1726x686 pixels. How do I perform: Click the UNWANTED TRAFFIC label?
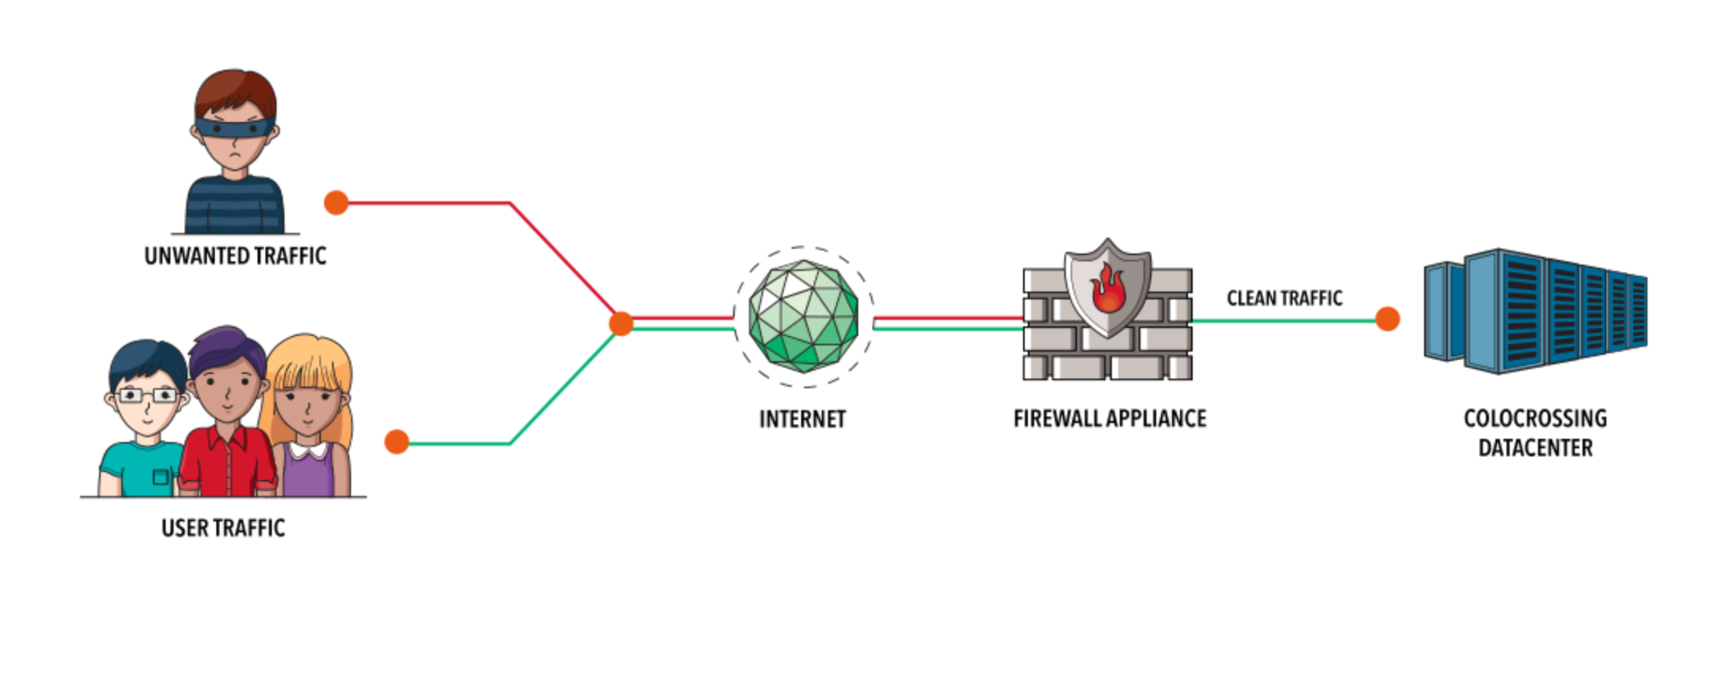(x=235, y=256)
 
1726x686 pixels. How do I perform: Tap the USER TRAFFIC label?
(x=223, y=528)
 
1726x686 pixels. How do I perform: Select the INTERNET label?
(x=802, y=419)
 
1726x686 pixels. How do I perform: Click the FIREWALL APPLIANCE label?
(x=1109, y=418)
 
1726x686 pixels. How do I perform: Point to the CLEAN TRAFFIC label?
(x=1284, y=298)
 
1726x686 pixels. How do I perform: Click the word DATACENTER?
(x=1535, y=448)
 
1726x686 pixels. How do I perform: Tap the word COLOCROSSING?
(x=1535, y=418)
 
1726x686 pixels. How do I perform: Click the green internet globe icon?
(x=804, y=316)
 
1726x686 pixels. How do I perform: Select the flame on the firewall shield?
(x=1108, y=291)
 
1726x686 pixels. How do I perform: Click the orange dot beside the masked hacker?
(x=336, y=203)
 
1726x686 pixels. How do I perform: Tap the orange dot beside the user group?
(x=396, y=442)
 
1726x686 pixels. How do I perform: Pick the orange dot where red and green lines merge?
(x=621, y=323)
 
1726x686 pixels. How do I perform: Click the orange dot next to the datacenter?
(x=1387, y=319)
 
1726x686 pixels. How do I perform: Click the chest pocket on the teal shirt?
(x=161, y=476)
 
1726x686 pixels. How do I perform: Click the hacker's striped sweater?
(x=235, y=206)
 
